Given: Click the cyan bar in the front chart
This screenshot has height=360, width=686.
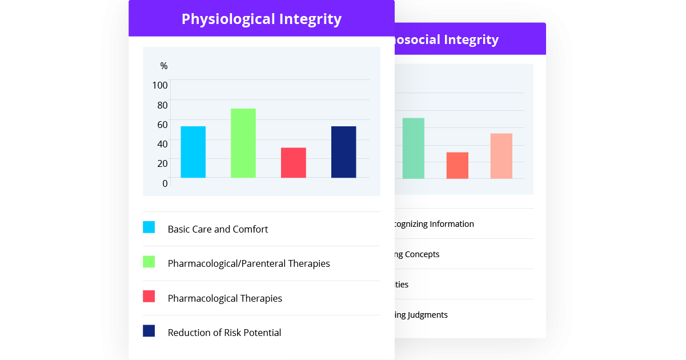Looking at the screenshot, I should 193,152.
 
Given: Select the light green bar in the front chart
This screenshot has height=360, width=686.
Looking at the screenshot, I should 243,143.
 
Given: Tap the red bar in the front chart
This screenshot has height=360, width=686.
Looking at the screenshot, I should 293,163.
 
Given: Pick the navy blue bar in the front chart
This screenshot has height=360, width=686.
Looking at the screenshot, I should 343,152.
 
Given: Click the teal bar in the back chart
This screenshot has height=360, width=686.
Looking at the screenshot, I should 413,148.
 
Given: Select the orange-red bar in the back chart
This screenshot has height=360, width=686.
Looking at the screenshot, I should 457,165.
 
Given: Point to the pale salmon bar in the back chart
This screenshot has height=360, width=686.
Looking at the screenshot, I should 501,156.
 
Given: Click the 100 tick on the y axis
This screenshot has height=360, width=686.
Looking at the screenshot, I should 160,85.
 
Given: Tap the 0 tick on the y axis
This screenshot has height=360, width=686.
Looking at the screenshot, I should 165,183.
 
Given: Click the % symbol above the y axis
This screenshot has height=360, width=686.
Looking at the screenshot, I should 164,66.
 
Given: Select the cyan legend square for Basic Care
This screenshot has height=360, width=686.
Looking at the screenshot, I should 149,227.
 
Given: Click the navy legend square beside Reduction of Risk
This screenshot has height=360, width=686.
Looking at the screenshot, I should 149,331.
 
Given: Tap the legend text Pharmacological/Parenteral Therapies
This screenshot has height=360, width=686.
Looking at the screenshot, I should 248,263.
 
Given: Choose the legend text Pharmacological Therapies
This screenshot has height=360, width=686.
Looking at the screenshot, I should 224,298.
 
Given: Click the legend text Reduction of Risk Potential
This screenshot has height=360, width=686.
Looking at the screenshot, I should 224,333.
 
